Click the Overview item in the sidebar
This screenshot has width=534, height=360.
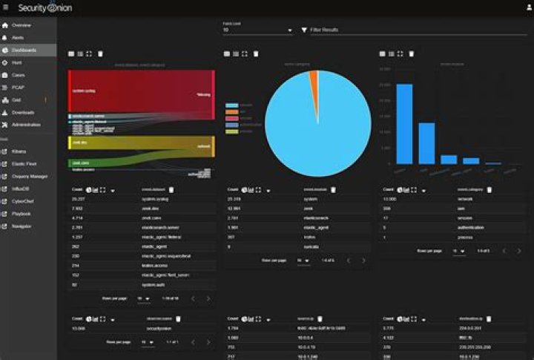21,25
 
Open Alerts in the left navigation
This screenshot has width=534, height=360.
18,37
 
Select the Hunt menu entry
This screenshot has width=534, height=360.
16,63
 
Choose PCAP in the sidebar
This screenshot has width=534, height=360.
18,88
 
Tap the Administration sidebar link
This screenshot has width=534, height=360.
26,125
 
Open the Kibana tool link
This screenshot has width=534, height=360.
19,151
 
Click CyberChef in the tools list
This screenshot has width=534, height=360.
23,201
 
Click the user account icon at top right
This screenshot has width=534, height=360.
527,7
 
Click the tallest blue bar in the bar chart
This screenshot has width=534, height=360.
404,123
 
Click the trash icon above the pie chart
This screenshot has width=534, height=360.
256,53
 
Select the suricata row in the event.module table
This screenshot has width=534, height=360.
308,246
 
